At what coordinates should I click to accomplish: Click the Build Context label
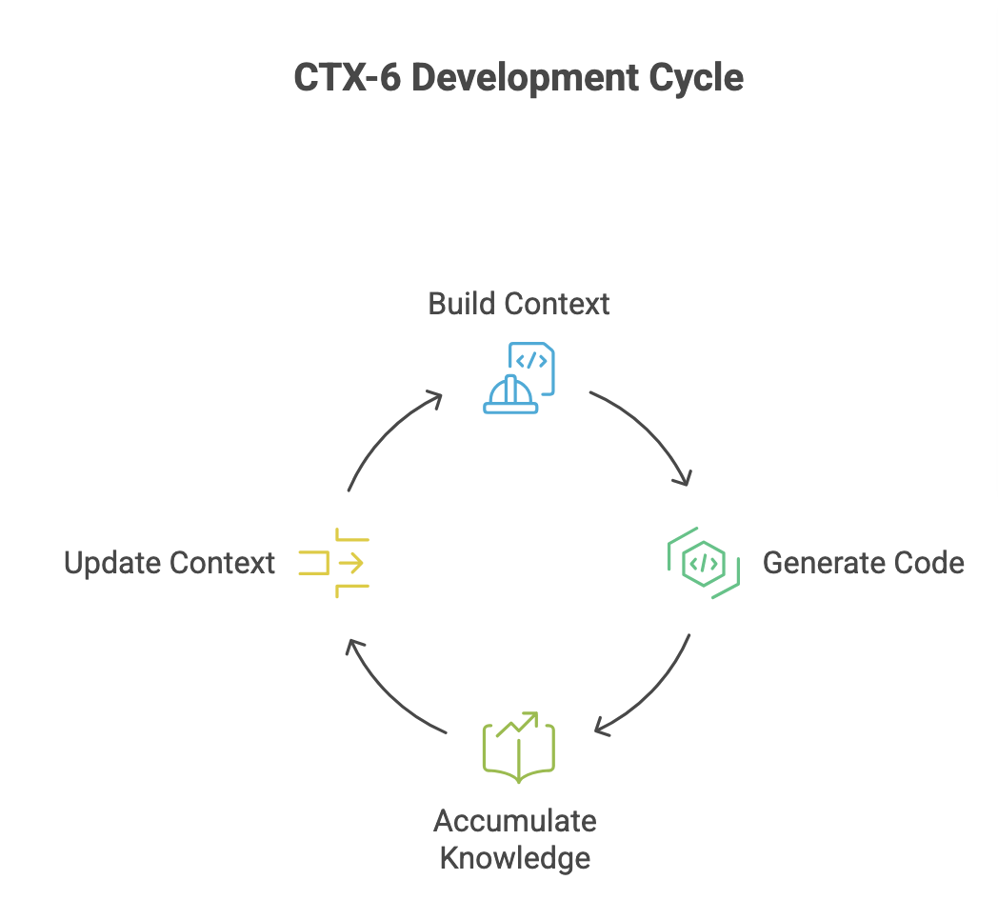(519, 304)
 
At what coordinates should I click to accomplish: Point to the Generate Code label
(863, 563)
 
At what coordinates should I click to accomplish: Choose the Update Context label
(170, 563)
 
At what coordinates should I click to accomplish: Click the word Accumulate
(515, 821)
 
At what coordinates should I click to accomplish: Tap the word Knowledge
(515, 857)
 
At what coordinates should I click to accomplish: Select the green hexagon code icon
(704, 563)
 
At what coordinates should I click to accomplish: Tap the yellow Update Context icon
(334, 563)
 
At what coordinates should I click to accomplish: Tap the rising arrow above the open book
(517, 723)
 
